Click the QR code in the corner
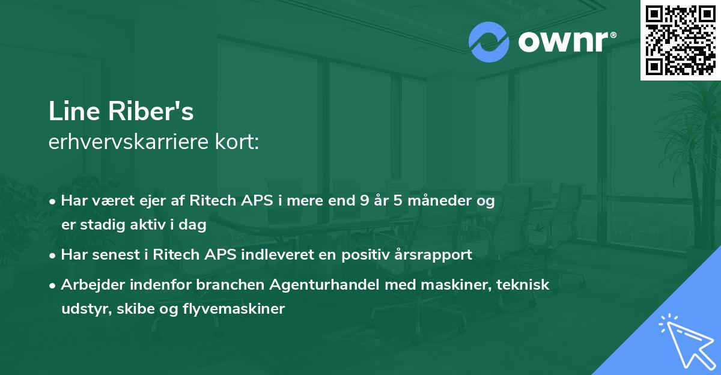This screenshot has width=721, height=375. (680, 40)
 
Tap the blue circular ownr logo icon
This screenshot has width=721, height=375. (488, 42)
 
